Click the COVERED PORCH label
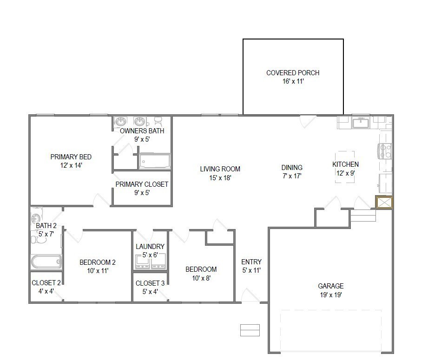coord(293,73)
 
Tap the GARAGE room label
coord(331,286)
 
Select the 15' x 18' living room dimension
coord(220,177)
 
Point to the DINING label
coord(292,168)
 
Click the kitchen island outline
coord(345,167)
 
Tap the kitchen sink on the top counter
coord(360,123)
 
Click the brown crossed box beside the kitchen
coord(384,203)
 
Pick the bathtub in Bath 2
coord(46,262)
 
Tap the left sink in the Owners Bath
coord(121,122)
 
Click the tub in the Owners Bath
coord(155,161)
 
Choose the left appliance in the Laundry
coord(142,262)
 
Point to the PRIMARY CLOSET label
coord(142,184)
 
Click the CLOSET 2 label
coord(46,283)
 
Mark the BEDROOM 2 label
coord(97,262)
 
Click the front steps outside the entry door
coord(250,330)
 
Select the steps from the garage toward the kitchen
coord(362,216)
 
